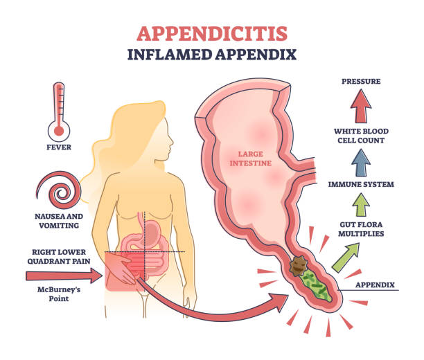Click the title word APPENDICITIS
(212, 34)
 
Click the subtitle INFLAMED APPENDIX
(212, 55)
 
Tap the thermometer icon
(59, 112)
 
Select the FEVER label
(59, 147)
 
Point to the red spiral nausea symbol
(58, 190)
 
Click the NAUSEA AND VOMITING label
(59, 221)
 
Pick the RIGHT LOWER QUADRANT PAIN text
(59, 256)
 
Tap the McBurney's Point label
(59, 294)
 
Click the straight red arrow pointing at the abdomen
(64, 276)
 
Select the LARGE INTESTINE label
(251, 159)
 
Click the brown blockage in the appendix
(299, 267)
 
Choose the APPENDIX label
(375, 285)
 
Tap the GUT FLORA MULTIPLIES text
(361, 229)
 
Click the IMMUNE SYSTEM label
(361, 184)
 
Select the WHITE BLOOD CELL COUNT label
(361, 136)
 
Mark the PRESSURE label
(361, 82)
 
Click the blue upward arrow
(361, 163)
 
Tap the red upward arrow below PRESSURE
(361, 106)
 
